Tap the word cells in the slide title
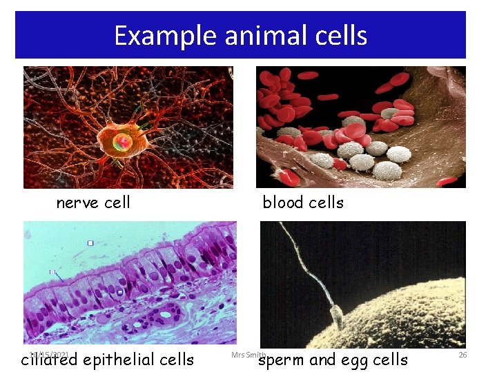click(342, 36)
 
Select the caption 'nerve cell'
click(93, 203)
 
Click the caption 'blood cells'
click(303, 203)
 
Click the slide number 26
click(462, 355)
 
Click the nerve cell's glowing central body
click(123, 143)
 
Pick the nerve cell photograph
click(128, 127)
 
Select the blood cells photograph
click(361, 127)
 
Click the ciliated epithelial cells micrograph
click(130, 282)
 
